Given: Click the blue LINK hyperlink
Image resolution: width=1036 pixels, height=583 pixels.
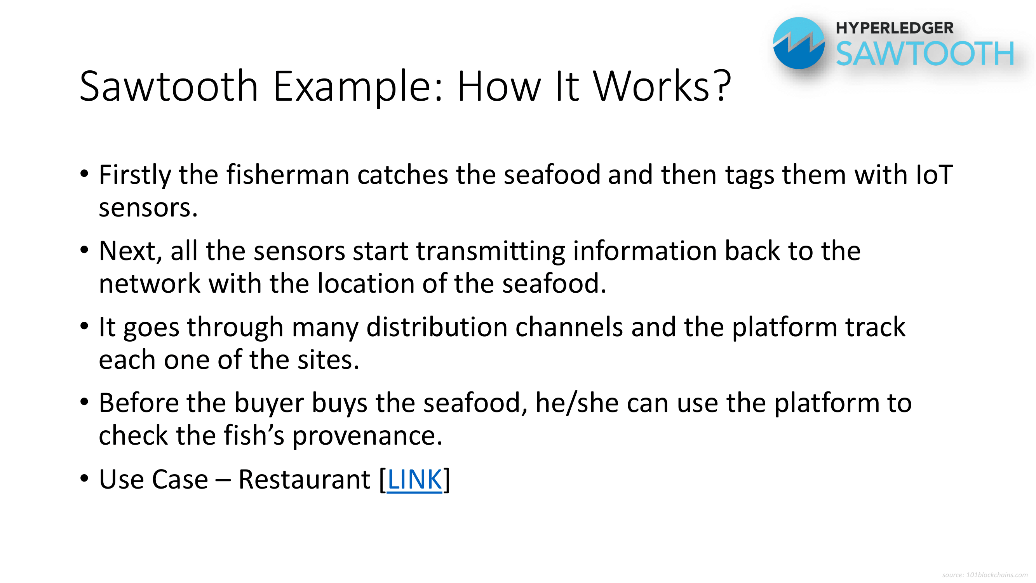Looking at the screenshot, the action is pyautogui.click(x=414, y=480).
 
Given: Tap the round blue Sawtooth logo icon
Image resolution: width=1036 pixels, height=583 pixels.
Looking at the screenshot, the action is pyautogui.click(x=799, y=43).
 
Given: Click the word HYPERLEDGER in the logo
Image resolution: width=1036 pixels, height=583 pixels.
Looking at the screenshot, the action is pyautogui.click(x=895, y=28).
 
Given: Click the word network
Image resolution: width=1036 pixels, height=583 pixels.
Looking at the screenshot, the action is pyautogui.click(x=150, y=283).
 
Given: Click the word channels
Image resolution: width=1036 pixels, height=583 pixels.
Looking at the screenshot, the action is pyautogui.click(x=569, y=327).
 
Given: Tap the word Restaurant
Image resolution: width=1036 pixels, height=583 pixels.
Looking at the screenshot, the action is pyautogui.click(x=305, y=480).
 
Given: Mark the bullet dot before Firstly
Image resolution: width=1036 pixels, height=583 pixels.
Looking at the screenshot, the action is pyautogui.click(x=84, y=174).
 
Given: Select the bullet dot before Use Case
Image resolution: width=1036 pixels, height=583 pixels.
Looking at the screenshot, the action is pyautogui.click(x=84, y=479).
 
